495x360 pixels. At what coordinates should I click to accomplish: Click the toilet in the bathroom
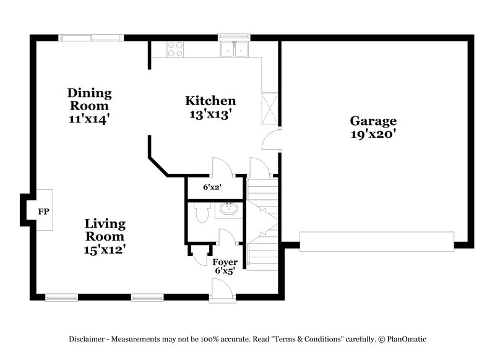coord(200,213)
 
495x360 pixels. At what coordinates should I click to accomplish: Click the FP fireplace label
coord(44,212)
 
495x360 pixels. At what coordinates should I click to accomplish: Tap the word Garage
coord(373,121)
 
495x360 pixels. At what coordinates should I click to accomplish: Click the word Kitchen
coord(210,101)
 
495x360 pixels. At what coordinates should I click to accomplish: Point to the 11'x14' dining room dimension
coord(90,119)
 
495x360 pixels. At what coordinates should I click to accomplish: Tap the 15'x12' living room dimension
coord(105,249)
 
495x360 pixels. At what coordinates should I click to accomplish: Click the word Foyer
coord(225,262)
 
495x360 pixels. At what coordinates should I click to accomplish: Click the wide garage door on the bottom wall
coord(377,241)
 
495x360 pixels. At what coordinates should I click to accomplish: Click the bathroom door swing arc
coord(225,237)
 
